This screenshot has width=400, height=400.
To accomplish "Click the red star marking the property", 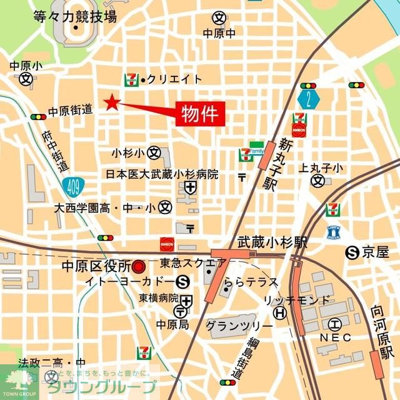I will [112, 103].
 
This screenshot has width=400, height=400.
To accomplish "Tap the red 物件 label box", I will [199, 115].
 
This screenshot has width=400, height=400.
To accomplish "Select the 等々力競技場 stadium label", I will [75, 17].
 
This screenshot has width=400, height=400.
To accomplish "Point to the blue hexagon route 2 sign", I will [308, 99].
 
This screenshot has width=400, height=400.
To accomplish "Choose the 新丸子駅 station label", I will [287, 164].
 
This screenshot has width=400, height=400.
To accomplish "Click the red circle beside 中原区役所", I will [139, 267].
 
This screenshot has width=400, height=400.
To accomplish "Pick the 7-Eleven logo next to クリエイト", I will [132, 78].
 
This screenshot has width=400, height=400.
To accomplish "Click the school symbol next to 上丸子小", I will [318, 181].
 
